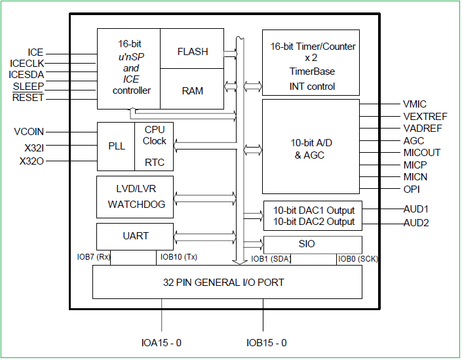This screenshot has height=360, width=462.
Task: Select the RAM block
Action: (192, 90)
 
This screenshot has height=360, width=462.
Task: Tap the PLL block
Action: (116, 146)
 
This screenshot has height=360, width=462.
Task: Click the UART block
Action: (135, 236)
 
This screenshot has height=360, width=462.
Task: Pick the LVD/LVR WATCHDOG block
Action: (135, 197)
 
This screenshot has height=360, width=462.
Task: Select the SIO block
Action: (312, 244)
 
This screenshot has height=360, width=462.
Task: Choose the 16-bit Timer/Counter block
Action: (311, 62)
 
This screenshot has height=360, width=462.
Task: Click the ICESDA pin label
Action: (26, 75)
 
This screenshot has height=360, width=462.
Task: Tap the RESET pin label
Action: (28, 98)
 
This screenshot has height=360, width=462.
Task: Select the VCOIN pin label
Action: (29, 132)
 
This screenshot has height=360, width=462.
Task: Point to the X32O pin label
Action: (31, 161)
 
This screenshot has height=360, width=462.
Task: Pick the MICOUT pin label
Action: (422, 153)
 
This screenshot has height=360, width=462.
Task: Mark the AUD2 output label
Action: (416, 223)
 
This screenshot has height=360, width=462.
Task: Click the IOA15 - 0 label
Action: (161, 343)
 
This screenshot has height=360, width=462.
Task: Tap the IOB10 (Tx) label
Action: (178, 258)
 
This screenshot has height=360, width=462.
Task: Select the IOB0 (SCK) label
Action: (358, 259)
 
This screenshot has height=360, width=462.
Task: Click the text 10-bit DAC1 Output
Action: (314, 210)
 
